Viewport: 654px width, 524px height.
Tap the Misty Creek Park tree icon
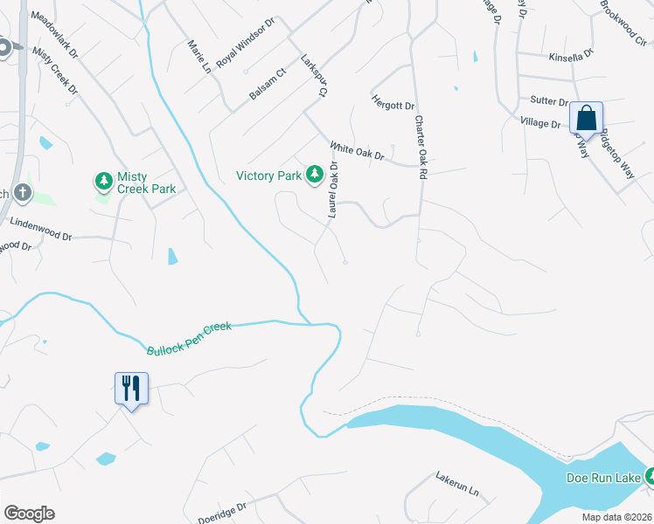tap(104, 181)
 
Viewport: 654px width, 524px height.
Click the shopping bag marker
tap(586, 118)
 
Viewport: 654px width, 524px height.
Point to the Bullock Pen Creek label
tap(189, 337)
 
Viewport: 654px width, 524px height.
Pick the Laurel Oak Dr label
tap(333, 192)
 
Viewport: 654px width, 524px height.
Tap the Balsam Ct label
tap(268, 85)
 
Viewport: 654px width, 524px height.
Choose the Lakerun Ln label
tap(458, 484)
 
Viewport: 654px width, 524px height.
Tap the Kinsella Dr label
tap(572, 55)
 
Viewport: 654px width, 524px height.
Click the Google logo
tap(29, 514)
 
